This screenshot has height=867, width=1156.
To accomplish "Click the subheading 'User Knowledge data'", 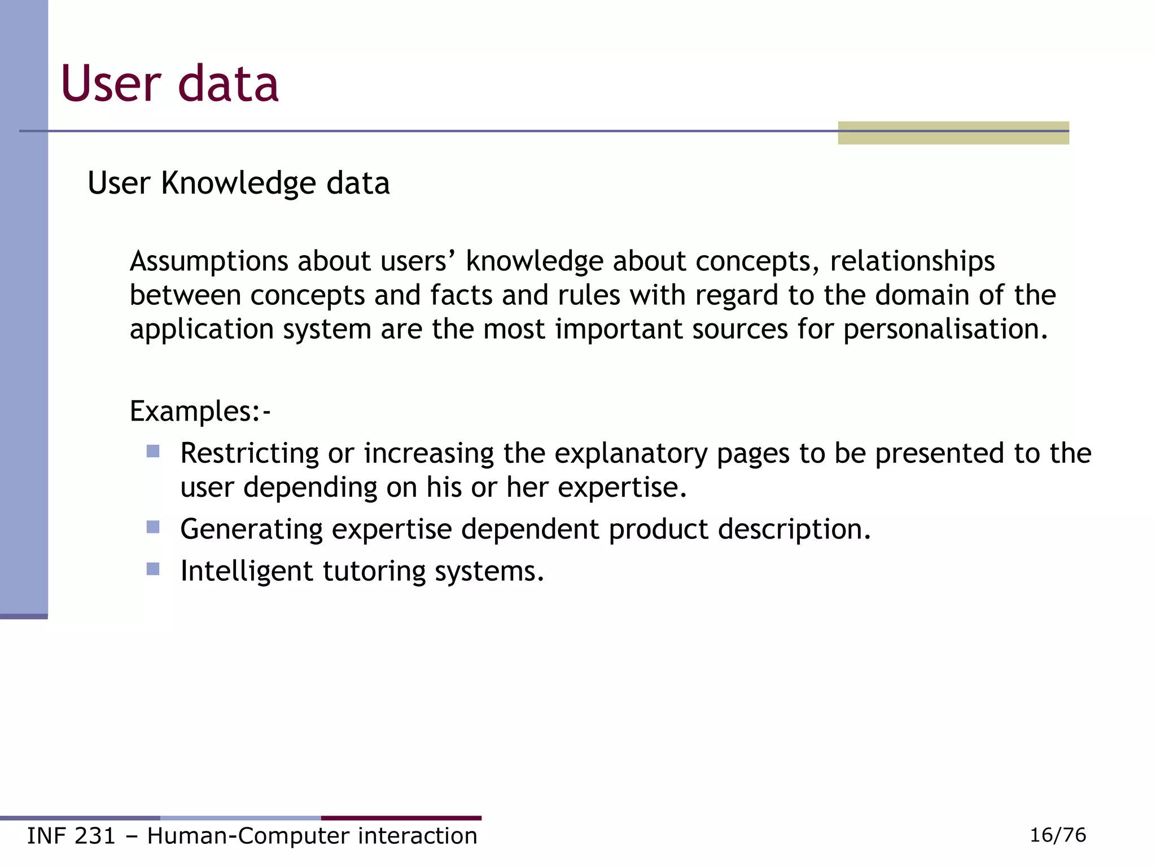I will pos(238,183).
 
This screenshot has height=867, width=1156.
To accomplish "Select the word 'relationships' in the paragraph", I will pos(912,261).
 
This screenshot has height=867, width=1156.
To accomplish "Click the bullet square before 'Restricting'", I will pos(153,451).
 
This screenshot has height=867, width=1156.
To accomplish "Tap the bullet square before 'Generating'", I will pos(153,527).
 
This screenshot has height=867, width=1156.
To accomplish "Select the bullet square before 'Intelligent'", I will pos(153,569).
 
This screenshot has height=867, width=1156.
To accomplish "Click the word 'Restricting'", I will pos(249,453).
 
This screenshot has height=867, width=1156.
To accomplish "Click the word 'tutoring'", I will pos(373,572).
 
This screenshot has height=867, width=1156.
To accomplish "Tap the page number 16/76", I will pos(1057,835).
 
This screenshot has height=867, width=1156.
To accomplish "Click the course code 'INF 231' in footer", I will pos(71,836).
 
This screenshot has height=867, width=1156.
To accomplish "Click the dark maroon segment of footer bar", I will pos(401,818).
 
